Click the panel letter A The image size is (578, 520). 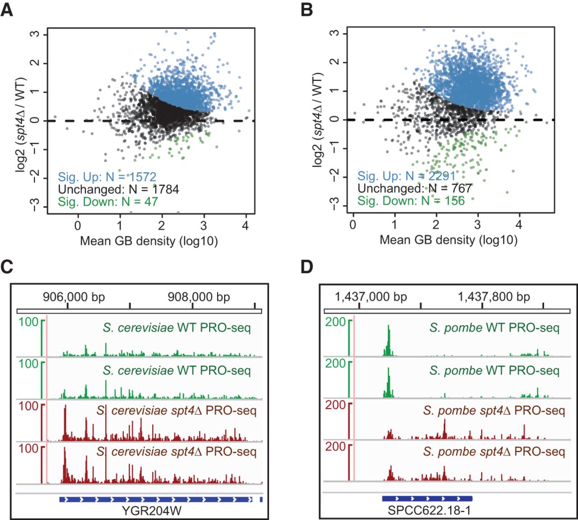7,9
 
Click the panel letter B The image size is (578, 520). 307,9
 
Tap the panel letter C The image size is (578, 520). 7,267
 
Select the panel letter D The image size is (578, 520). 307,267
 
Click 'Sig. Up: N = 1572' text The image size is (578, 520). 107,177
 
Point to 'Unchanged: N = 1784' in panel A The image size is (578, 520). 118,189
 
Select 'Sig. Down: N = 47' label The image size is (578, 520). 108,201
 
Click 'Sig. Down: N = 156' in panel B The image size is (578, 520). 411,201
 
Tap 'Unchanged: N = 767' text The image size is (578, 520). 415,188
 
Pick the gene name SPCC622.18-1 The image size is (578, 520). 428,511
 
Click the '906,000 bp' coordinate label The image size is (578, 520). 74,297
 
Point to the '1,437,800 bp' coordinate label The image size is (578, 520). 494,297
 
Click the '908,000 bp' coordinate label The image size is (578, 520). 199,297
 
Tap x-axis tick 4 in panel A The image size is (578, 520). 245,225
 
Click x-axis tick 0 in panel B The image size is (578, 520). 353,225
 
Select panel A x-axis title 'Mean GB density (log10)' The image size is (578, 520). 149,241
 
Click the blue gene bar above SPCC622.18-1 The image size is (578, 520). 427,498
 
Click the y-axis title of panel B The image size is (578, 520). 319,119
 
